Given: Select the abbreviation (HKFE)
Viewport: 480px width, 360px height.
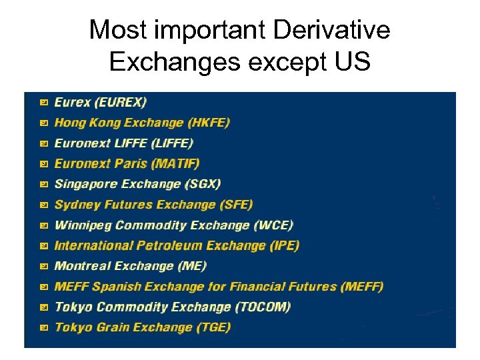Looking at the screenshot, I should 208,123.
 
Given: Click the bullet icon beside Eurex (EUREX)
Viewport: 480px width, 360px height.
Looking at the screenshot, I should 43,103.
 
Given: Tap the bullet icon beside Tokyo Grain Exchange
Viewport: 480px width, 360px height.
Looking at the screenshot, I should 43,328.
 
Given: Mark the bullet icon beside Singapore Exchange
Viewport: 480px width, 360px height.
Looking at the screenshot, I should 43,185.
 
